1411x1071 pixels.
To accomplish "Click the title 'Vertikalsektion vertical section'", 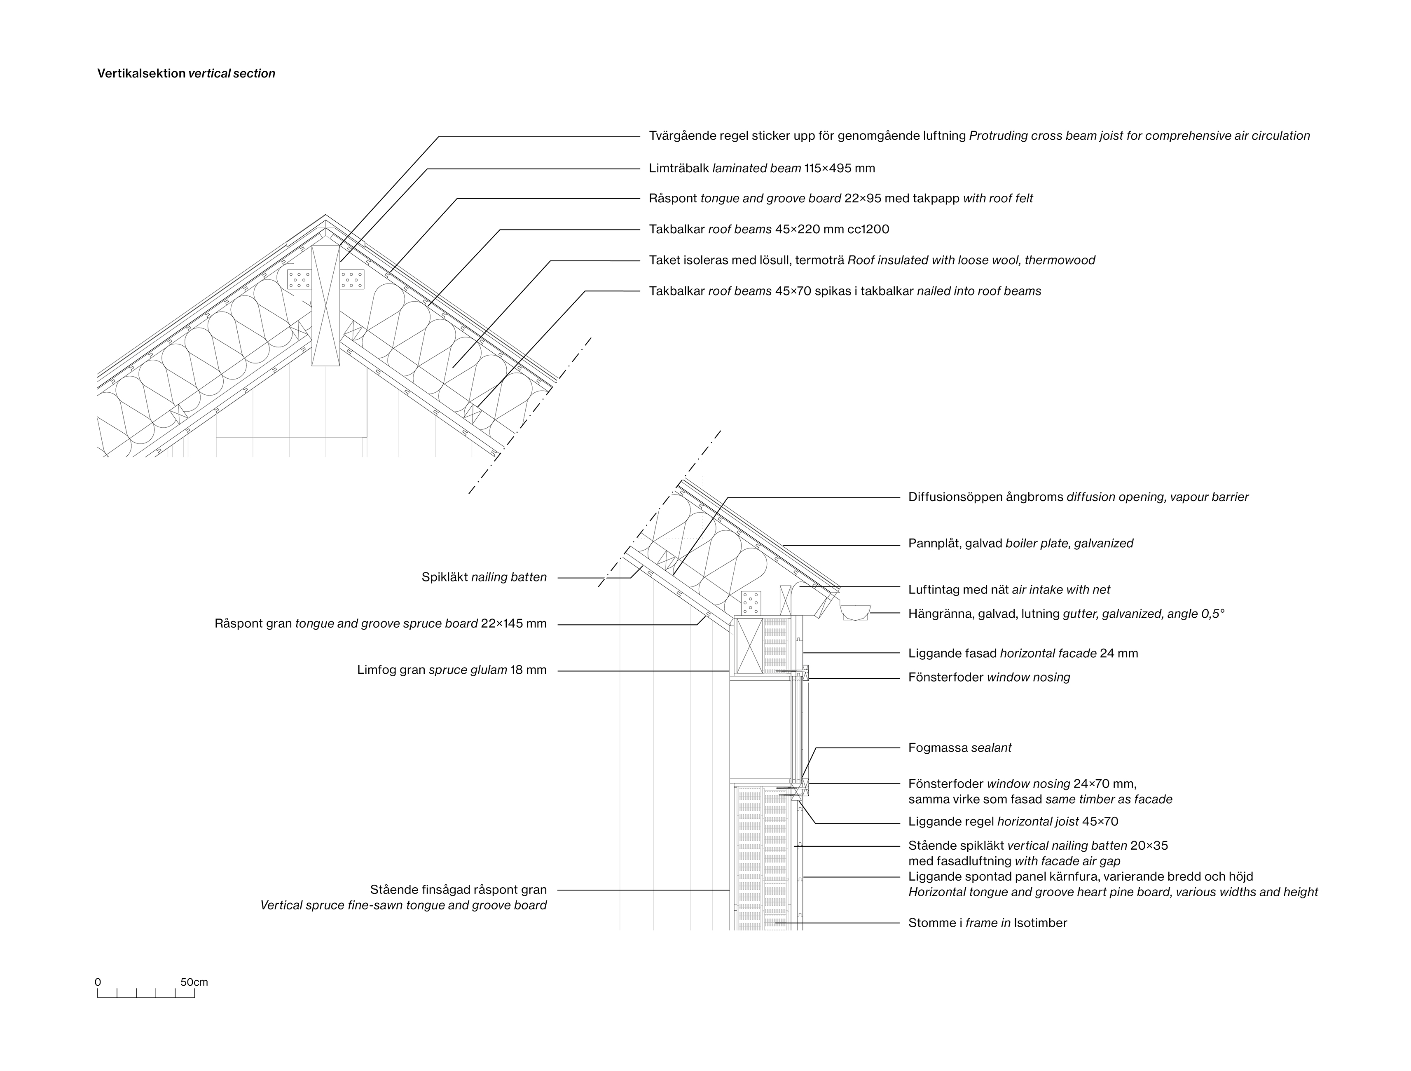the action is [186, 73].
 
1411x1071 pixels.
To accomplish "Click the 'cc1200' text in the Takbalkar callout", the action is [868, 230].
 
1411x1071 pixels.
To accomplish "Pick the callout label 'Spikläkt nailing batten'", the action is [484, 577].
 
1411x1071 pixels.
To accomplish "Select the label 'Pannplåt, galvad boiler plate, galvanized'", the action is [1020, 544].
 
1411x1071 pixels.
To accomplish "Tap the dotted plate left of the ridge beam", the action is [299, 279].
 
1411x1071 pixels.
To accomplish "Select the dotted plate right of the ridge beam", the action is [352, 279].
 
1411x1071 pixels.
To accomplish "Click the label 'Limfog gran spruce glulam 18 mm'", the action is [452, 670].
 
